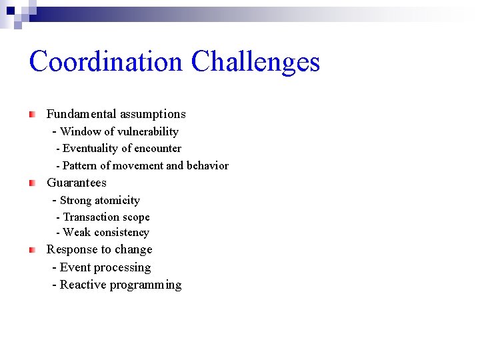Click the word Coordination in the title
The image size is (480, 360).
click(x=105, y=62)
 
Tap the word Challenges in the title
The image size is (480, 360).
click(x=255, y=62)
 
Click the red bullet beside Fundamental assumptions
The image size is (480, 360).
click(x=32, y=115)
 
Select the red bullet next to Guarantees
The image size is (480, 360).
click(x=32, y=183)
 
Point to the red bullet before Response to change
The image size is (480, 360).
click(x=32, y=250)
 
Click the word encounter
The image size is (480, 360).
click(x=157, y=149)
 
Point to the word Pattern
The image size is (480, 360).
click(x=79, y=166)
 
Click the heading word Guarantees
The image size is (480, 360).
click(x=77, y=183)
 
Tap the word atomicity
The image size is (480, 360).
click(x=117, y=201)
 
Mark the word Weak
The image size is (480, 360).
click(x=77, y=233)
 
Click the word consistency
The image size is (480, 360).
click(x=122, y=233)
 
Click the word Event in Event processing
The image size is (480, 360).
click(x=75, y=268)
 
